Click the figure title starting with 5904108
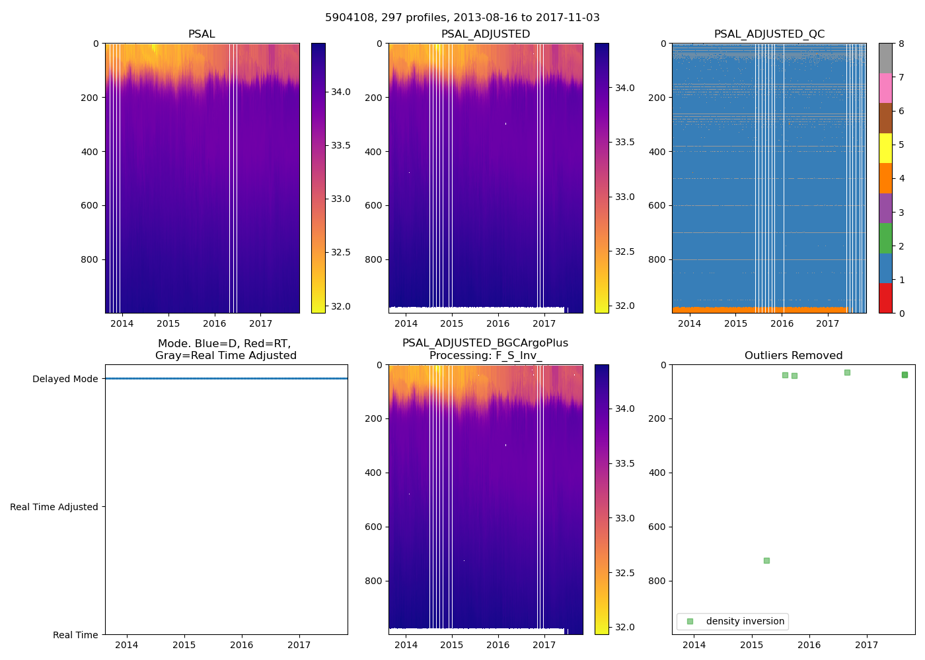(x=462, y=18)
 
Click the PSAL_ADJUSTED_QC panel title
(x=769, y=34)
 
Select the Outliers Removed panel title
(x=793, y=356)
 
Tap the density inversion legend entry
(x=745, y=621)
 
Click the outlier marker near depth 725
(x=766, y=560)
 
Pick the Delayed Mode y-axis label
(x=65, y=379)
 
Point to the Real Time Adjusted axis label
(x=54, y=507)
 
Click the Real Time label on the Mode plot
(x=75, y=635)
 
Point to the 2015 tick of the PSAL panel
(x=168, y=323)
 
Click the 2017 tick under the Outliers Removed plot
(x=867, y=645)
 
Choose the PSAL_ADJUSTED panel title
(x=485, y=34)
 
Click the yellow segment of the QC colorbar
(x=885, y=148)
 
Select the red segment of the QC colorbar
(x=885, y=298)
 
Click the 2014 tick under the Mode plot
(x=127, y=645)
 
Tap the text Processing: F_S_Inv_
(x=485, y=356)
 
